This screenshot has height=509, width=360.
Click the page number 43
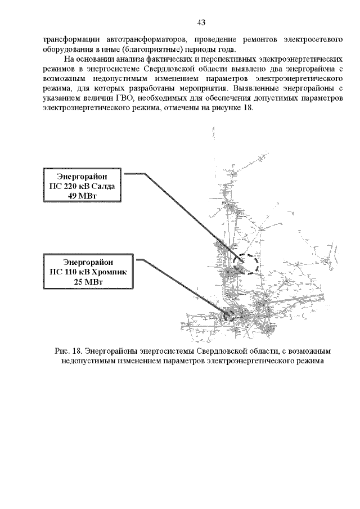pyautogui.click(x=201, y=22)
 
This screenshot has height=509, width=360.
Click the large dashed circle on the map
pyautogui.click(x=245, y=264)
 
